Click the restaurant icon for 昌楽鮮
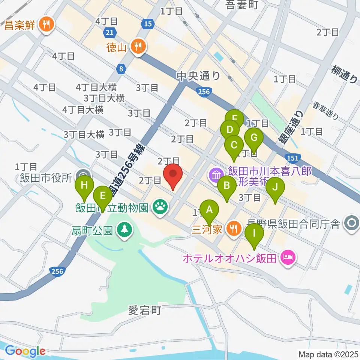(47, 25)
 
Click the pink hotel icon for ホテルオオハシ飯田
(288, 258)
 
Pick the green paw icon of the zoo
(160, 207)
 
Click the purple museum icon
(216, 175)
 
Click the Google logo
(25, 351)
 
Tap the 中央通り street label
(198, 76)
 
